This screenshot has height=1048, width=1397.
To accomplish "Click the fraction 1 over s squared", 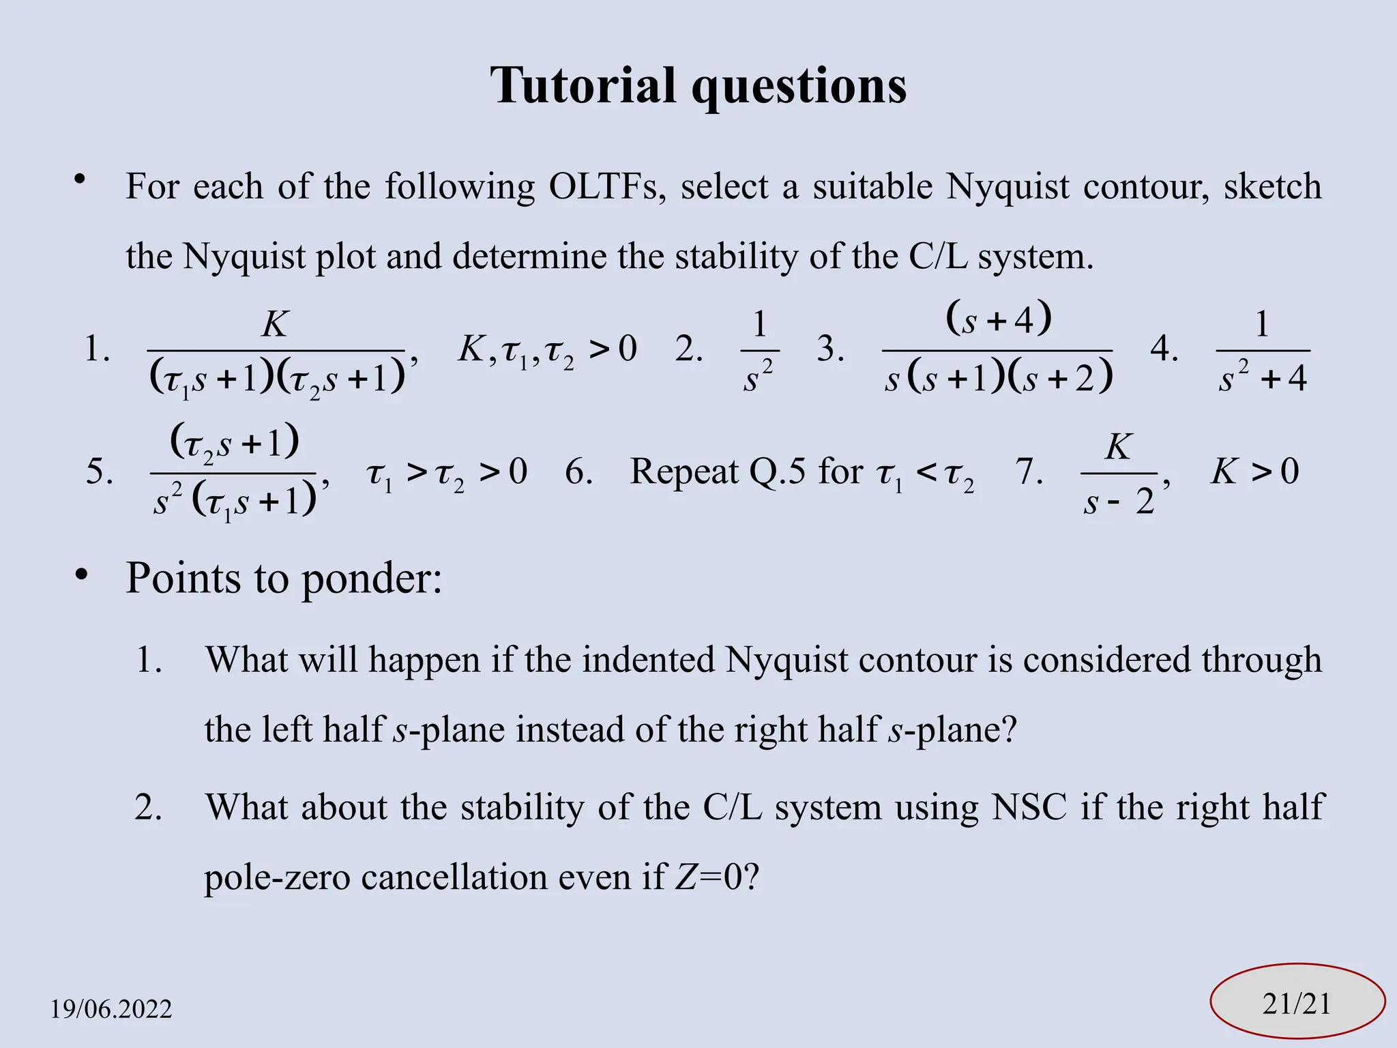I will (x=759, y=350).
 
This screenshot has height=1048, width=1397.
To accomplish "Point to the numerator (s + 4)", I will (x=999, y=319).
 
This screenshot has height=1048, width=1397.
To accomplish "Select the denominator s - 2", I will (x=1119, y=501).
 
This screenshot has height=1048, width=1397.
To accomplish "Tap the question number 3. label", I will (x=830, y=349).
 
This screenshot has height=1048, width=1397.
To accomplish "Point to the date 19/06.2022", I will (x=111, y=1008).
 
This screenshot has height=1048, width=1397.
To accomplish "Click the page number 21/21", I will (x=1296, y=1004).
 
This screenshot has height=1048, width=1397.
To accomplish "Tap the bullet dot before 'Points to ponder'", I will (x=82, y=575).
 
